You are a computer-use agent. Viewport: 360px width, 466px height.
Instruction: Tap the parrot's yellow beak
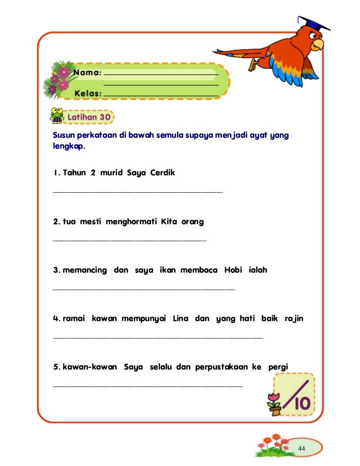point(319,45)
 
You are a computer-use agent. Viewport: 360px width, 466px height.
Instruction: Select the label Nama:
point(88,73)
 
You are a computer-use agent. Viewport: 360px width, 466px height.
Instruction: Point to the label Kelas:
point(88,93)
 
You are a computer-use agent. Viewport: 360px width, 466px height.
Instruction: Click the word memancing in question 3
point(85,270)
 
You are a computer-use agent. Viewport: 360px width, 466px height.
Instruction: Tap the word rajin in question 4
point(294,319)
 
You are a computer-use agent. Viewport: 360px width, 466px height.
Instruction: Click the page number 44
point(301,448)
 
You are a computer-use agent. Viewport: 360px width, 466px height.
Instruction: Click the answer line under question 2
point(130,241)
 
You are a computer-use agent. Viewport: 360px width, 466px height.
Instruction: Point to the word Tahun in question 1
point(74,173)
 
